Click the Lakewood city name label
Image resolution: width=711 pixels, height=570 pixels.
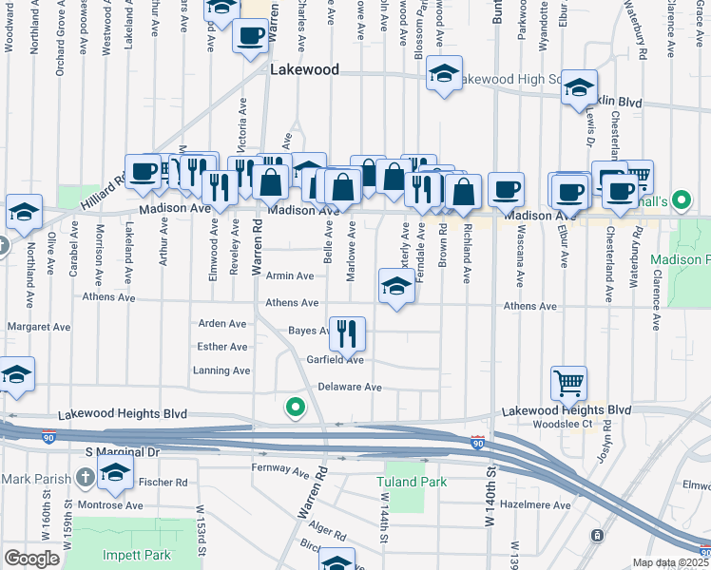tap(303, 69)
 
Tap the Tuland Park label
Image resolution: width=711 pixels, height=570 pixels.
tap(415, 482)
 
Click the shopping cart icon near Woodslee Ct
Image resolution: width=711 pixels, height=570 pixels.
tap(568, 383)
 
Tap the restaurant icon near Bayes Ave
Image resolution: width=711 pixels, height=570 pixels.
tap(347, 332)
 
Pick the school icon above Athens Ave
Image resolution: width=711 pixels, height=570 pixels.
tap(396, 285)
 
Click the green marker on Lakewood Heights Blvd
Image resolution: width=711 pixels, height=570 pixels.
tap(296, 408)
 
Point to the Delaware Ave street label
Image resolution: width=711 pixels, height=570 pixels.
tap(349, 388)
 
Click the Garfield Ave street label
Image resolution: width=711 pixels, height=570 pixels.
tap(336, 360)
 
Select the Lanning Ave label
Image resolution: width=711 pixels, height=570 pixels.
tap(221, 370)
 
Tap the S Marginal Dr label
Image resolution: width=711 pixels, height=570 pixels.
tap(123, 453)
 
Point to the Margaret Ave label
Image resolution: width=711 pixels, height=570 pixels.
tap(39, 327)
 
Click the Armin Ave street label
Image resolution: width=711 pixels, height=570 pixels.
tap(289, 276)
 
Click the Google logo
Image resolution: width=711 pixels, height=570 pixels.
tap(32, 559)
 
